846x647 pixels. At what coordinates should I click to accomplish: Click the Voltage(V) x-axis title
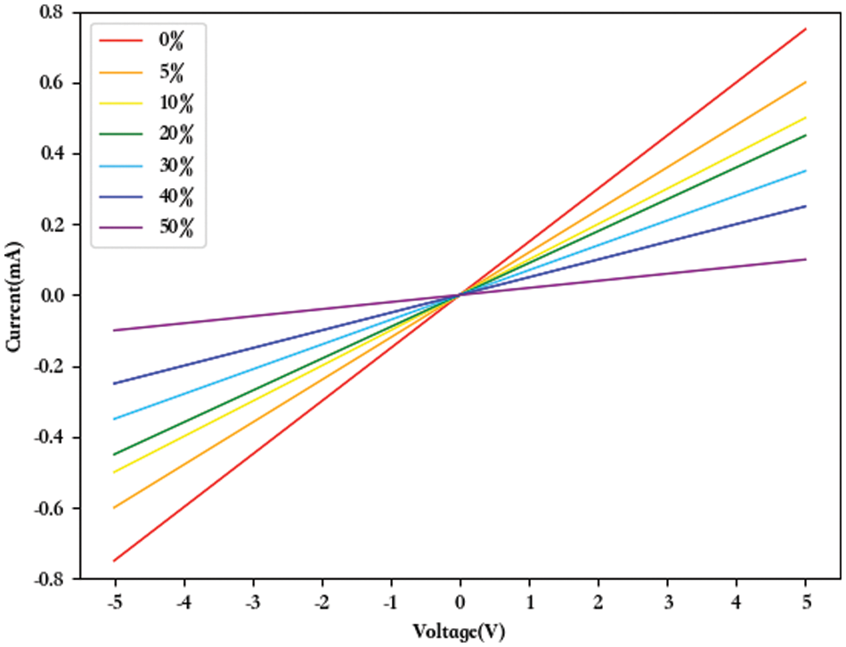(x=460, y=632)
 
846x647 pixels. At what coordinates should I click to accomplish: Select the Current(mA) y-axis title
(x=14, y=295)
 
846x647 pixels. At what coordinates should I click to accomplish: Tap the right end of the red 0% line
(x=806, y=29)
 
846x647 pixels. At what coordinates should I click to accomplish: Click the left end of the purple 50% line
(x=114, y=331)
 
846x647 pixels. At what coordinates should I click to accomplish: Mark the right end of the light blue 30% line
(x=806, y=171)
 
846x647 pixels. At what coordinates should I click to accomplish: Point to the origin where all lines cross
(x=460, y=295)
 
